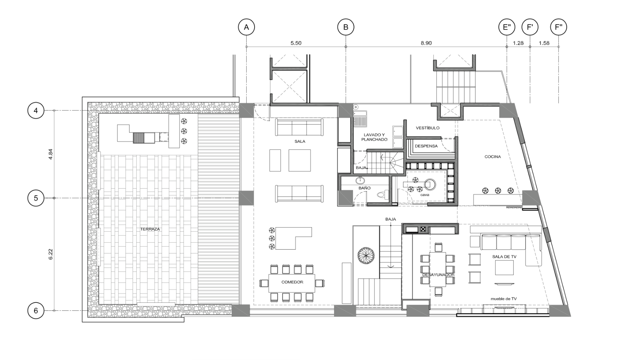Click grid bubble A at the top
[x=246, y=27]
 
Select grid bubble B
[x=346, y=27]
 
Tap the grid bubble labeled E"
[x=507, y=27]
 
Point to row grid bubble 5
[x=36, y=198]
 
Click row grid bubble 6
[x=36, y=310]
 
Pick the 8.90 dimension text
[x=426, y=43]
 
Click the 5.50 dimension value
[x=296, y=43]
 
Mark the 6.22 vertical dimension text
[x=50, y=254]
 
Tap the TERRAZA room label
[x=150, y=229]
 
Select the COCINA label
[x=492, y=157]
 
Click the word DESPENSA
[x=426, y=146]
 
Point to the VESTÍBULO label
[x=428, y=128]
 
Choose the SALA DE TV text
[x=504, y=257]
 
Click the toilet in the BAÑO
[x=381, y=195]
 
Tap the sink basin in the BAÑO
[x=359, y=181]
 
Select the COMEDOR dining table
[x=292, y=283]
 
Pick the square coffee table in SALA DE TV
[x=504, y=268]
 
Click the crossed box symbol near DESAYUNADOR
[x=423, y=229]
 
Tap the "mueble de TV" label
[x=503, y=298]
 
